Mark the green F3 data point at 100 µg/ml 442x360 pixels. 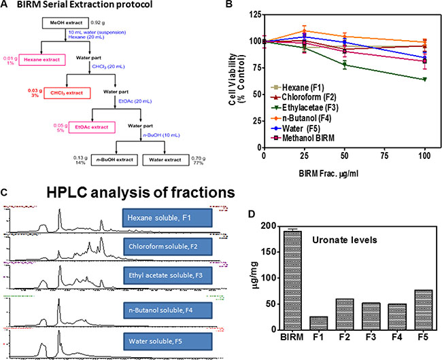tap(425, 79)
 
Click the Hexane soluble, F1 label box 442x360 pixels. tap(167, 218)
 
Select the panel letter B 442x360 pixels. tap(229, 6)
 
